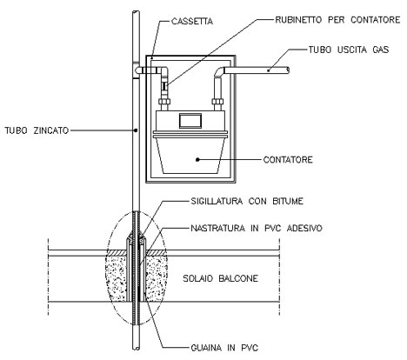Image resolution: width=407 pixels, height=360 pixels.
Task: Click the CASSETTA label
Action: (192, 22)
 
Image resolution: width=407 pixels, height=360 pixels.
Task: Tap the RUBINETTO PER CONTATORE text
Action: (337, 20)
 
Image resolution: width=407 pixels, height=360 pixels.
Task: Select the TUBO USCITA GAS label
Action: (349, 50)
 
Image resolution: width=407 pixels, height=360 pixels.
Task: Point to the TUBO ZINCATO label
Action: (37, 130)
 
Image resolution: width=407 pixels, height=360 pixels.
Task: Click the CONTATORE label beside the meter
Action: (288, 160)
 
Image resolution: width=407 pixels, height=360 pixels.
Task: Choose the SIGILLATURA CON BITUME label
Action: (247, 201)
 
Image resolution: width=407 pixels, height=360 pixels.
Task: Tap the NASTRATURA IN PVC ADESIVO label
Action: (257, 228)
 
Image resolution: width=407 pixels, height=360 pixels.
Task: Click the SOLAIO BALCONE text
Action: (220, 278)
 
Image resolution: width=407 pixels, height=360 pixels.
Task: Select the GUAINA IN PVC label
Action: (224, 348)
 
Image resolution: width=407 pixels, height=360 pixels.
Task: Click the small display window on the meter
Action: (190, 121)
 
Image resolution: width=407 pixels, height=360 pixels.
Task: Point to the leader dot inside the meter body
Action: (197, 159)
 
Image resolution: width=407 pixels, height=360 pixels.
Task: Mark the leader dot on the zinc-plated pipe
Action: (136, 130)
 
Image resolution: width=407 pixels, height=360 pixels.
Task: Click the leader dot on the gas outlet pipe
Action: (269, 70)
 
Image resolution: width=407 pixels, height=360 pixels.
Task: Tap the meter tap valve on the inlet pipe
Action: (164, 86)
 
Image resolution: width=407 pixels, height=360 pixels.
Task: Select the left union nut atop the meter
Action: (164, 102)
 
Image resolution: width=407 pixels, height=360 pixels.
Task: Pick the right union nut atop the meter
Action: (217, 102)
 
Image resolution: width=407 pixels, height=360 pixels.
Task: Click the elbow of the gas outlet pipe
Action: (219, 71)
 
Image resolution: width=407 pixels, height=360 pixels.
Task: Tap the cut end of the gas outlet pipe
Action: (288, 70)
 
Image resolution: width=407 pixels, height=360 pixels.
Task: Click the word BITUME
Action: (288, 201)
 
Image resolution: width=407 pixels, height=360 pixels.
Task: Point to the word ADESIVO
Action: (304, 228)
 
